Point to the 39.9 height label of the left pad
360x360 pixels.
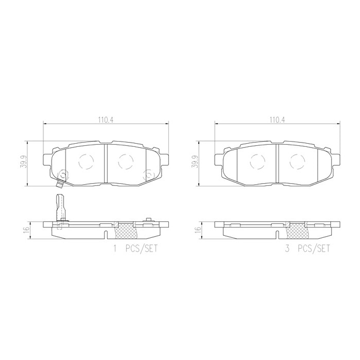coord(24,163)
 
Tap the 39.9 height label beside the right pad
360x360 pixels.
coord(195,163)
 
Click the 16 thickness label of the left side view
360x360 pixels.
coord(25,230)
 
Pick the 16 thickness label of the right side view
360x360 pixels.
coord(195,230)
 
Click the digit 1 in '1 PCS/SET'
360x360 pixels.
coord(116,248)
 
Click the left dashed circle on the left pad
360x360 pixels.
coord(86,161)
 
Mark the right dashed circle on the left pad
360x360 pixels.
coord(125,161)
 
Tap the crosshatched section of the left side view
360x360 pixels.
coord(125,231)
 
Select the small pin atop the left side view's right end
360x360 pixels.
coord(148,220)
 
